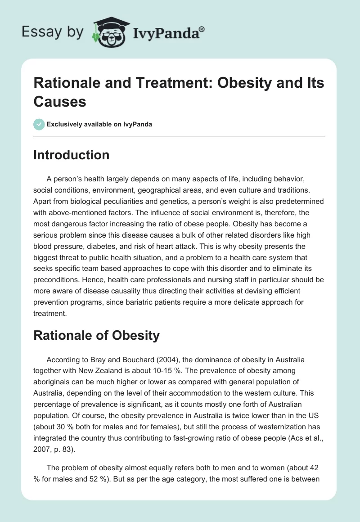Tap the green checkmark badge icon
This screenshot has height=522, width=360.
[x=39, y=124]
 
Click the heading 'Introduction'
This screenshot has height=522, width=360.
[x=72, y=155]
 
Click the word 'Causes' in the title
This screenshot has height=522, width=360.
[x=59, y=101]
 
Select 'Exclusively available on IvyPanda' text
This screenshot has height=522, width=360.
[x=99, y=125]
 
